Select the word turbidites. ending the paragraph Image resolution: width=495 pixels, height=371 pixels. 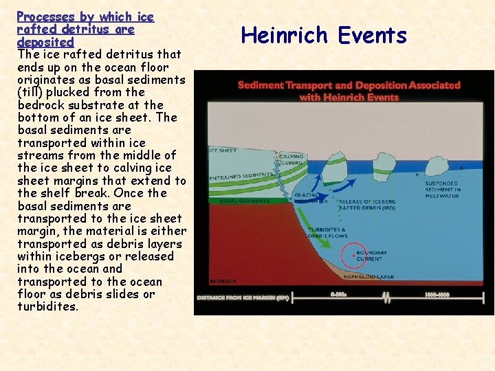pos(48,306)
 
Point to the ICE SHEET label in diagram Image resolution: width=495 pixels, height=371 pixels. pos(222,150)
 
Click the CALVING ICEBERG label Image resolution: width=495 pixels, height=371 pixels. pos(291,161)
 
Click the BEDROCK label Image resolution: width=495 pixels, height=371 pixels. pos(223,280)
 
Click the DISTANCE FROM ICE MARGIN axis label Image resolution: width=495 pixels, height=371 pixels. pos(242,297)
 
